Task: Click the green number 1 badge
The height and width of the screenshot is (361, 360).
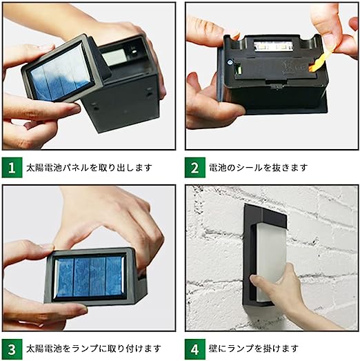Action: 12,167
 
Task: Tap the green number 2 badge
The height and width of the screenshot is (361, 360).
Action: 195,167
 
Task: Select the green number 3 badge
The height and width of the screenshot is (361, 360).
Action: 12,349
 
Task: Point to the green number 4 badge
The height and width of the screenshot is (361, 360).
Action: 195,349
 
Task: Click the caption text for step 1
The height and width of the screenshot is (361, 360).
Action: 89,167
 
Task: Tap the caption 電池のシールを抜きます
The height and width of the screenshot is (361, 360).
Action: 258,167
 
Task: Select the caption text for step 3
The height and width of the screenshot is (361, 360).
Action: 93,349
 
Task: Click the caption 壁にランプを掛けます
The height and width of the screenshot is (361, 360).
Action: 254,349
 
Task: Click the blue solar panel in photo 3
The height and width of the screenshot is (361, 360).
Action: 90,277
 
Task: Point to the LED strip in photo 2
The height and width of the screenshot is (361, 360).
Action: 273,46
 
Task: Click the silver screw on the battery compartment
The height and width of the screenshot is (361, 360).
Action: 230,61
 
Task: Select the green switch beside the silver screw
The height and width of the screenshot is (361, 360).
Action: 239,69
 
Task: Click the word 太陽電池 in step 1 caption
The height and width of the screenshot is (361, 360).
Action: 44,167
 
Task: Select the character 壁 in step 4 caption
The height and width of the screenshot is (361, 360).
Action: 213,349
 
